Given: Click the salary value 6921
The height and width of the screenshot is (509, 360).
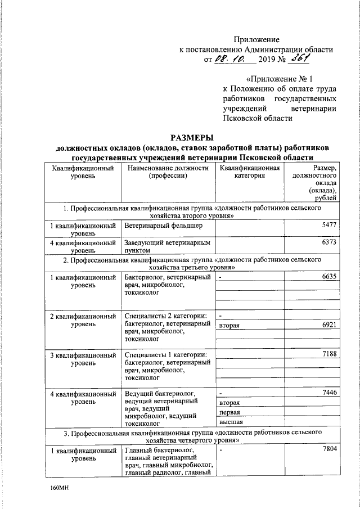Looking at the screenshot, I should tap(327, 326).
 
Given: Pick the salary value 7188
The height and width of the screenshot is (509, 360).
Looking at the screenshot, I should tap(327, 354).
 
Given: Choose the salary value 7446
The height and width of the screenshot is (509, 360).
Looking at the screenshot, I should tap(327, 392).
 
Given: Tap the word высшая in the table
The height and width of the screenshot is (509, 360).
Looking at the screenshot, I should tap(231, 421).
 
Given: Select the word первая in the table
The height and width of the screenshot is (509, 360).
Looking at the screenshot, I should tap(229, 412).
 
